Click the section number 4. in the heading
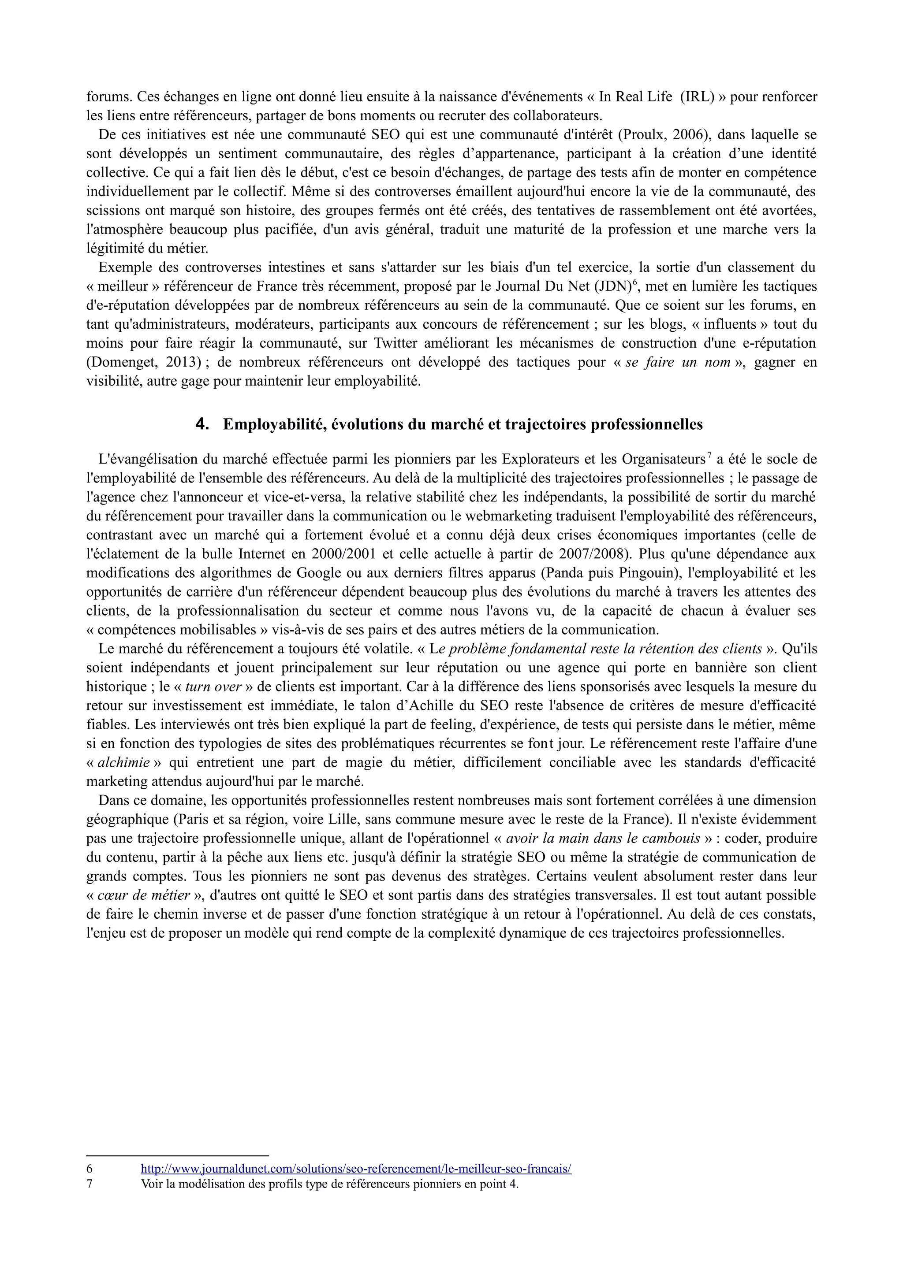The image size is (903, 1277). click(x=202, y=424)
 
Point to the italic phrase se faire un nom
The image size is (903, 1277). click(x=678, y=363)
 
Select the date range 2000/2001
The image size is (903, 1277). click(x=343, y=554)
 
